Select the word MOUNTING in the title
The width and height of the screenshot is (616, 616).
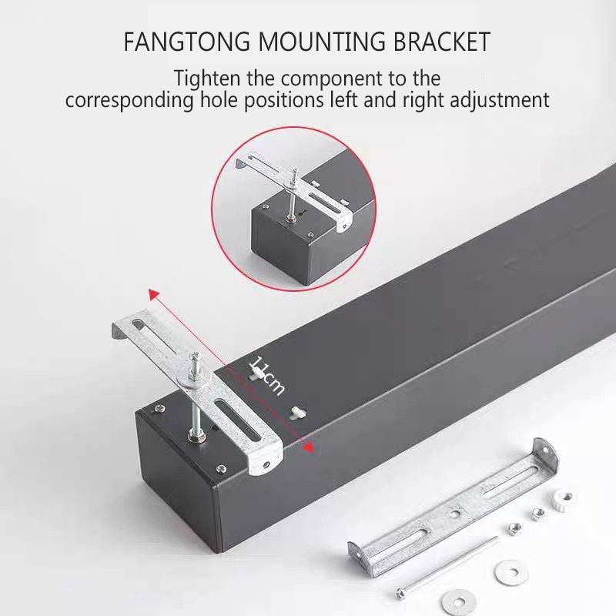[x=307, y=42]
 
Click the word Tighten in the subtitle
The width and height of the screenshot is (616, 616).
[x=208, y=79]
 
